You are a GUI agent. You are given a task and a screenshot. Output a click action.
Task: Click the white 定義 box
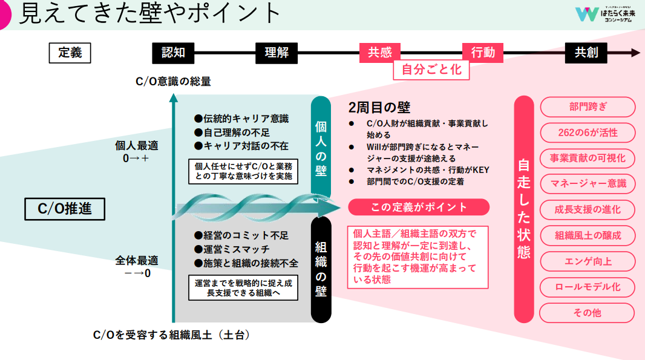pos(70,53)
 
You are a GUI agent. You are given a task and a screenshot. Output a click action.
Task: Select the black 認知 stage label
pos(173,53)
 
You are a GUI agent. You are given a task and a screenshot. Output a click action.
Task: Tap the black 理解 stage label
pos(277,53)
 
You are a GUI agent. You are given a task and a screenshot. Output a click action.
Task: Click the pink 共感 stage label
pos(380,53)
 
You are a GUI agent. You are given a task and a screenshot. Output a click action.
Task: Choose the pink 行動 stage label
pos(483,53)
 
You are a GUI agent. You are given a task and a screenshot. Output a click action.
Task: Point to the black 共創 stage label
pos(586,53)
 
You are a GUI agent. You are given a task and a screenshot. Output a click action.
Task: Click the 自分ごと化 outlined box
pos(431,70)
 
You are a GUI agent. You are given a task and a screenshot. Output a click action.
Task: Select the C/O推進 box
pos(65,209)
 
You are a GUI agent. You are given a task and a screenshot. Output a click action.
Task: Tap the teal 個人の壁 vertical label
pos(321,149)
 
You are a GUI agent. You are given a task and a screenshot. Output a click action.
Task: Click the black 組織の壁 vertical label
pos(321,269)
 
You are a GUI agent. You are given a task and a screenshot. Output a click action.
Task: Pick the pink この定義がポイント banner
pos(419,208)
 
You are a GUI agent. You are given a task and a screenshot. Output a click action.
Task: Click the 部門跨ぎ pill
pos(588,107)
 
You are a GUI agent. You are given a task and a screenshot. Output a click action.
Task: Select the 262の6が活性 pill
pos(588,133)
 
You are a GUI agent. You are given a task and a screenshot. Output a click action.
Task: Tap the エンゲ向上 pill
pos(588,261)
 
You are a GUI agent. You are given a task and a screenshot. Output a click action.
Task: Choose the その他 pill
pos(588,313)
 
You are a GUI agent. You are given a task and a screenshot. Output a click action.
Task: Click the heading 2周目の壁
pos(379,108)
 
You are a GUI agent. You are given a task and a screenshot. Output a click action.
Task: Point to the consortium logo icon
pos(587,15)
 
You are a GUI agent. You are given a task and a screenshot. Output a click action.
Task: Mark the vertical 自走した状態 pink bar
pos(524,209)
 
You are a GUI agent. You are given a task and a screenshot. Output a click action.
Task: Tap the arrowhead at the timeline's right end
pos(635,53)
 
